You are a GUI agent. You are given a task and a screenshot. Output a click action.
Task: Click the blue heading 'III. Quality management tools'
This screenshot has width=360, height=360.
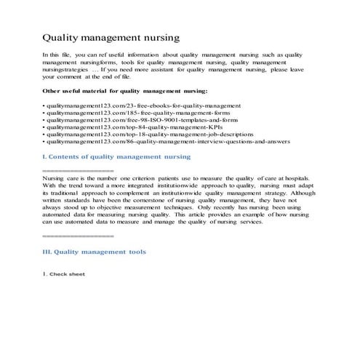(95, 252)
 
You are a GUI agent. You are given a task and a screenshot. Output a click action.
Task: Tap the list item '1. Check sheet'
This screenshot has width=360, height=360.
(64, 274)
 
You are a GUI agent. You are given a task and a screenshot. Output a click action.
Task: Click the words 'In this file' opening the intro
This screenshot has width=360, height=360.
(58, 55)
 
